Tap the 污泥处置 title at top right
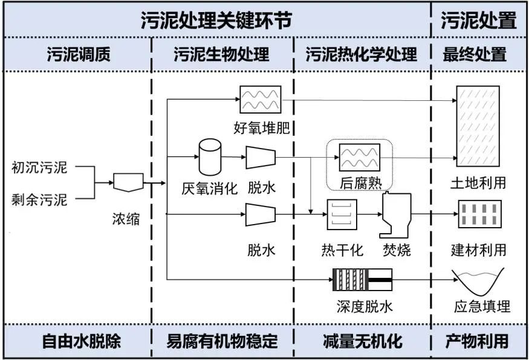[478, 21]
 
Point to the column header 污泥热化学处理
[361, 55]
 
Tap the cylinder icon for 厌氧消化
[211, 155]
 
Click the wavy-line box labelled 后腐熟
[360, 158]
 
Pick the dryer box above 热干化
[342, 214]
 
